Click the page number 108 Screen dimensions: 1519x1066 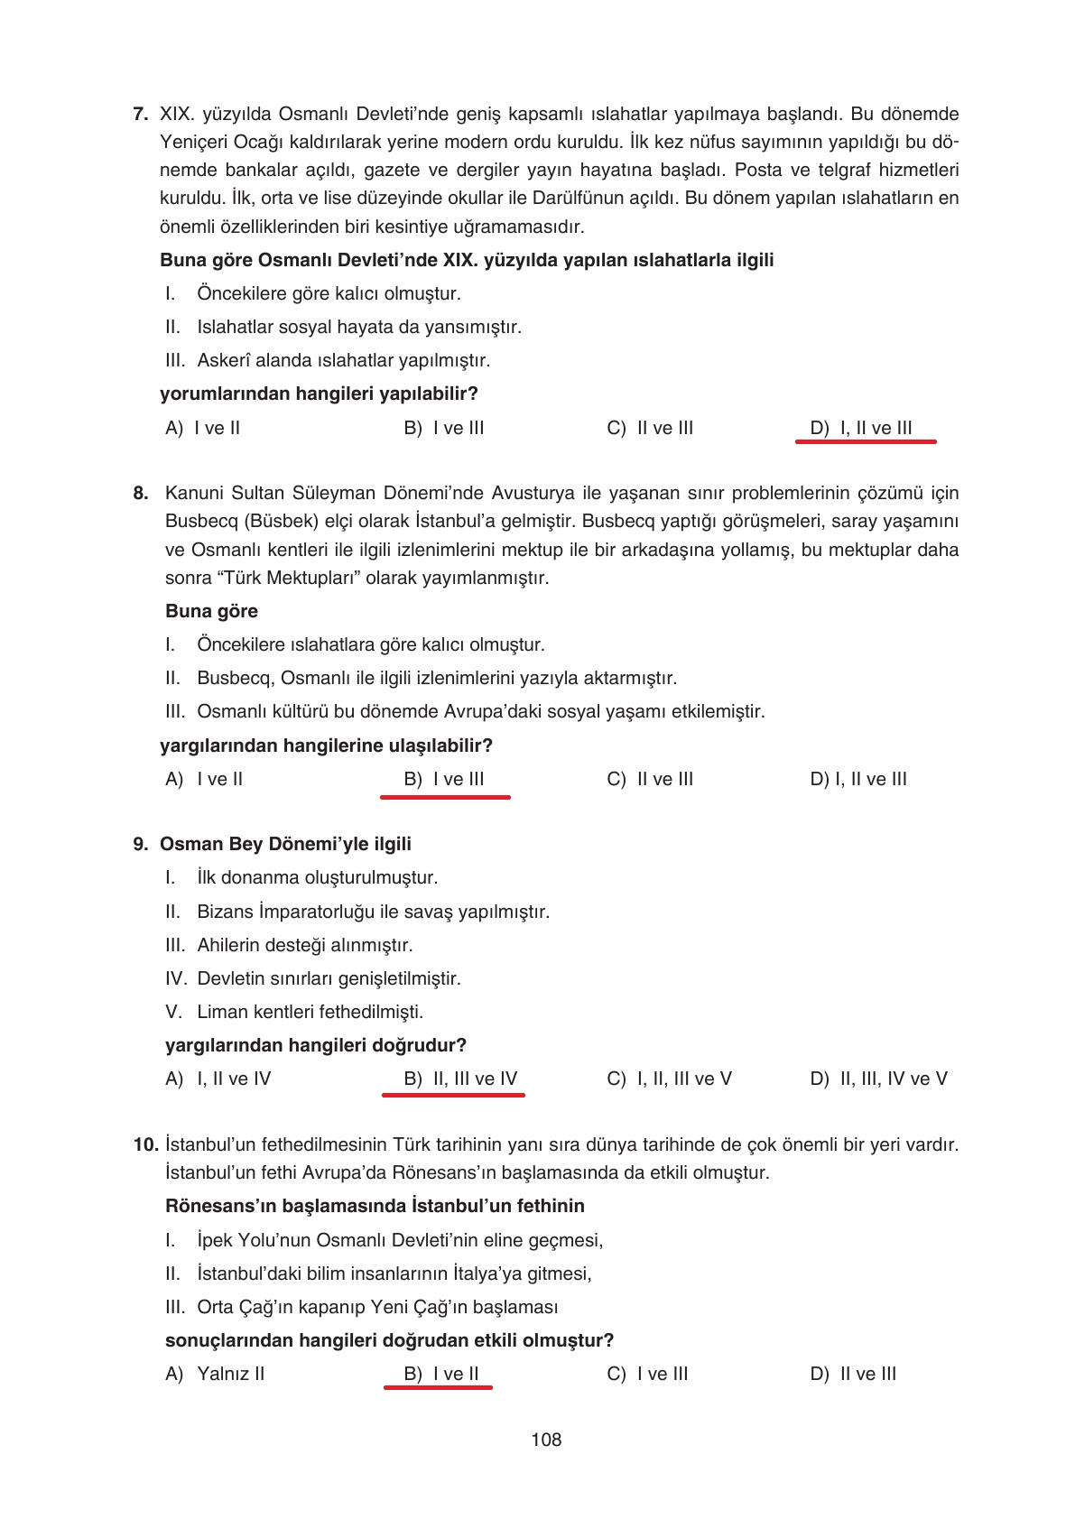546,1440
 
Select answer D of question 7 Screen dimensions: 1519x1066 861,428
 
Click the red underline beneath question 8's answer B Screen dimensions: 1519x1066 445,797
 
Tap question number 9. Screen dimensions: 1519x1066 140,844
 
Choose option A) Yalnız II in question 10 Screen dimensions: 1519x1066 215,1374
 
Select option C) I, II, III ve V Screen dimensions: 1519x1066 669,1079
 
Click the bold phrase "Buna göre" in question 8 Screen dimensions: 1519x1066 211,611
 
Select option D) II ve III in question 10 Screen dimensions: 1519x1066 853,1374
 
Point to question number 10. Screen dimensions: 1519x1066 144,1144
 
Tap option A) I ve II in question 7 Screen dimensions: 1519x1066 203,428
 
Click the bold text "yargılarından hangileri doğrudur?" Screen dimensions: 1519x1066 315,1045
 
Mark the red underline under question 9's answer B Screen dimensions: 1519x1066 453,1094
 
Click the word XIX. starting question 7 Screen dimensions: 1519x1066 177,115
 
